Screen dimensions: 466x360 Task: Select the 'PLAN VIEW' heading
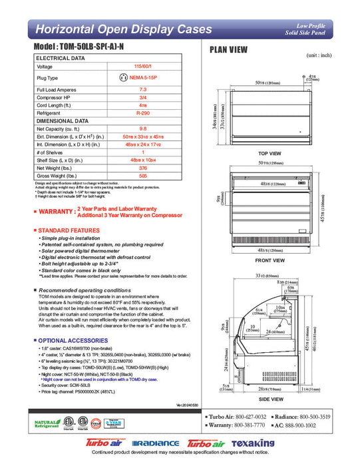230,49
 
